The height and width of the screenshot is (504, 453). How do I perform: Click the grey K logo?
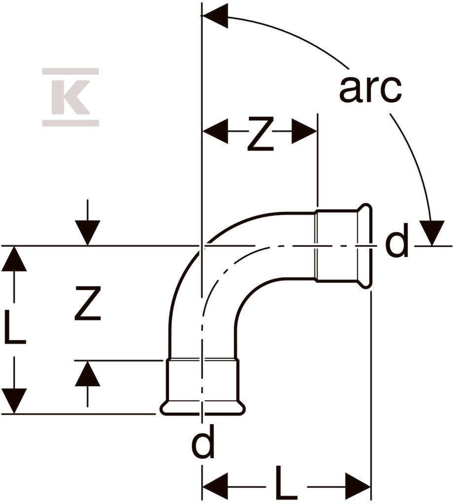tap(70, 97)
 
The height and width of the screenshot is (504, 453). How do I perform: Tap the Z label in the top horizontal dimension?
tap(260, 134)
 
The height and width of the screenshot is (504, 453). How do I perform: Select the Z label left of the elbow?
tap(88, 304)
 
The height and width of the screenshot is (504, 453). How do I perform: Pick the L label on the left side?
tap(15, 327)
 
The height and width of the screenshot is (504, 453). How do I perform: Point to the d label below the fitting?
tap(203, 441)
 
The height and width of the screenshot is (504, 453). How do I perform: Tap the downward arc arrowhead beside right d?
tap(432, 233)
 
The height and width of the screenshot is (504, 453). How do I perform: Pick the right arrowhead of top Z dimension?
tap(304, 131)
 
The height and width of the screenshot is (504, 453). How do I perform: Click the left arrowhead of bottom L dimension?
tap(215, 485)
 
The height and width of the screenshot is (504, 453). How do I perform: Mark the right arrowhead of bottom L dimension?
tap(358, 485)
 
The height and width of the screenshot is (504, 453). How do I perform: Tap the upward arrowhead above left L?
tap(14, 259)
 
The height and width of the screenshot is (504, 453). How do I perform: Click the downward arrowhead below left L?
tap(14, 401)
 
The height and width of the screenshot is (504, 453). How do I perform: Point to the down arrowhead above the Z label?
tap(88, 233)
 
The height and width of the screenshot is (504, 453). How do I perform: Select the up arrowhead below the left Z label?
tap(88, 373)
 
